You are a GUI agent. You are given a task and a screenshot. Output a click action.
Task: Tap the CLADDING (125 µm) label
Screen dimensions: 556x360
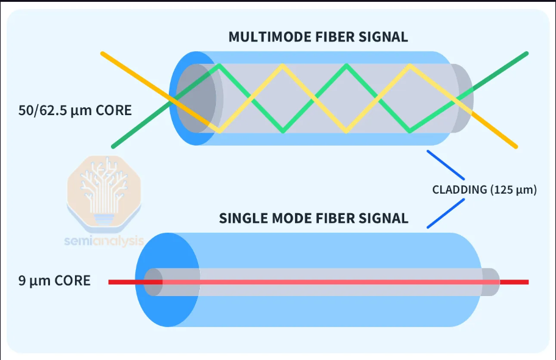[x=485, y=190]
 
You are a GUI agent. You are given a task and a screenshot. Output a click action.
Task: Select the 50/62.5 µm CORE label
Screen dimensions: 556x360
[x=75, y=110]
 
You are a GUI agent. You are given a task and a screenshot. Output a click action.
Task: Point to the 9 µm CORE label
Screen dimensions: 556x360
[x=55, y=281]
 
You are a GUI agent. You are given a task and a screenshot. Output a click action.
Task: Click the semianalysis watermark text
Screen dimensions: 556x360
[x=104, y=241]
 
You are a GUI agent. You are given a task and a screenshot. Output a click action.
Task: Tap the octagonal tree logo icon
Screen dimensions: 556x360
[x=104, y=193]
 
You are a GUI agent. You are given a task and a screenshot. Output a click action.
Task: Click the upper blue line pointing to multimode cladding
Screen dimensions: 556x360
[x=446, y=165]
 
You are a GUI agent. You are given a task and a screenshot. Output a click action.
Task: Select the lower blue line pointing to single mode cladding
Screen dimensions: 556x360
[x=446, y=213]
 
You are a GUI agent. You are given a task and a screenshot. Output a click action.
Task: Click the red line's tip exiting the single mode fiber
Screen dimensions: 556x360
[x=529, y=282]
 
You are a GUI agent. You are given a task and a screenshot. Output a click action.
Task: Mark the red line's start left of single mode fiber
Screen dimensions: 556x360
[x=109, y=282]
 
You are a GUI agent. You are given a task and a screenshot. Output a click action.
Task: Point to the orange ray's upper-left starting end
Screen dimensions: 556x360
[x=102, y=54]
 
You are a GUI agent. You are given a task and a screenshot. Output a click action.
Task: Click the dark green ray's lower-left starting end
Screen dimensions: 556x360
[x=113, y=146]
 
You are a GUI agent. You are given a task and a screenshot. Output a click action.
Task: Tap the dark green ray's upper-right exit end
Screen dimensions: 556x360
[x=527, y=54]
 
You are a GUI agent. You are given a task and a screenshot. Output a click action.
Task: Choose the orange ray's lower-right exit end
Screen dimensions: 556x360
[x=516, y=146]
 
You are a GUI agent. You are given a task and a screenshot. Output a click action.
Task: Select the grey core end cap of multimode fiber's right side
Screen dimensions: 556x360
[x=462, y=99]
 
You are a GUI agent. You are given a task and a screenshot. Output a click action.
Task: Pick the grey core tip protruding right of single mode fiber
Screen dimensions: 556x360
[x=491, y=282]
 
